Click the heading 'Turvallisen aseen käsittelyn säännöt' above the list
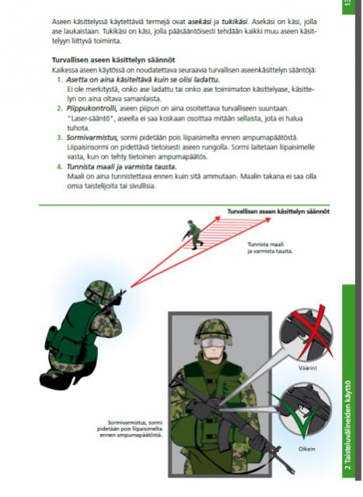coord(113,60)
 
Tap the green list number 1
coord(60,79)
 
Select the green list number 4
coord(60,166)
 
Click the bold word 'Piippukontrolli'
coord(92,109)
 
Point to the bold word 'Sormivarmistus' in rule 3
coord(92,138)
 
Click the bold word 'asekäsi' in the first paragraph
coord(200,22)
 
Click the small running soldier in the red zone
coord(193,233)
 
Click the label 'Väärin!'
coord(308,369)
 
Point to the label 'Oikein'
coord(306,449)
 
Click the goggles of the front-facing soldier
coord(213,343)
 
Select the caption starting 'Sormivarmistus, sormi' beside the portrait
coord(130,429)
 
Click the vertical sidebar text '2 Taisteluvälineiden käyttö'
coord(348,425)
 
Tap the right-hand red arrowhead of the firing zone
coord(267,219)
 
